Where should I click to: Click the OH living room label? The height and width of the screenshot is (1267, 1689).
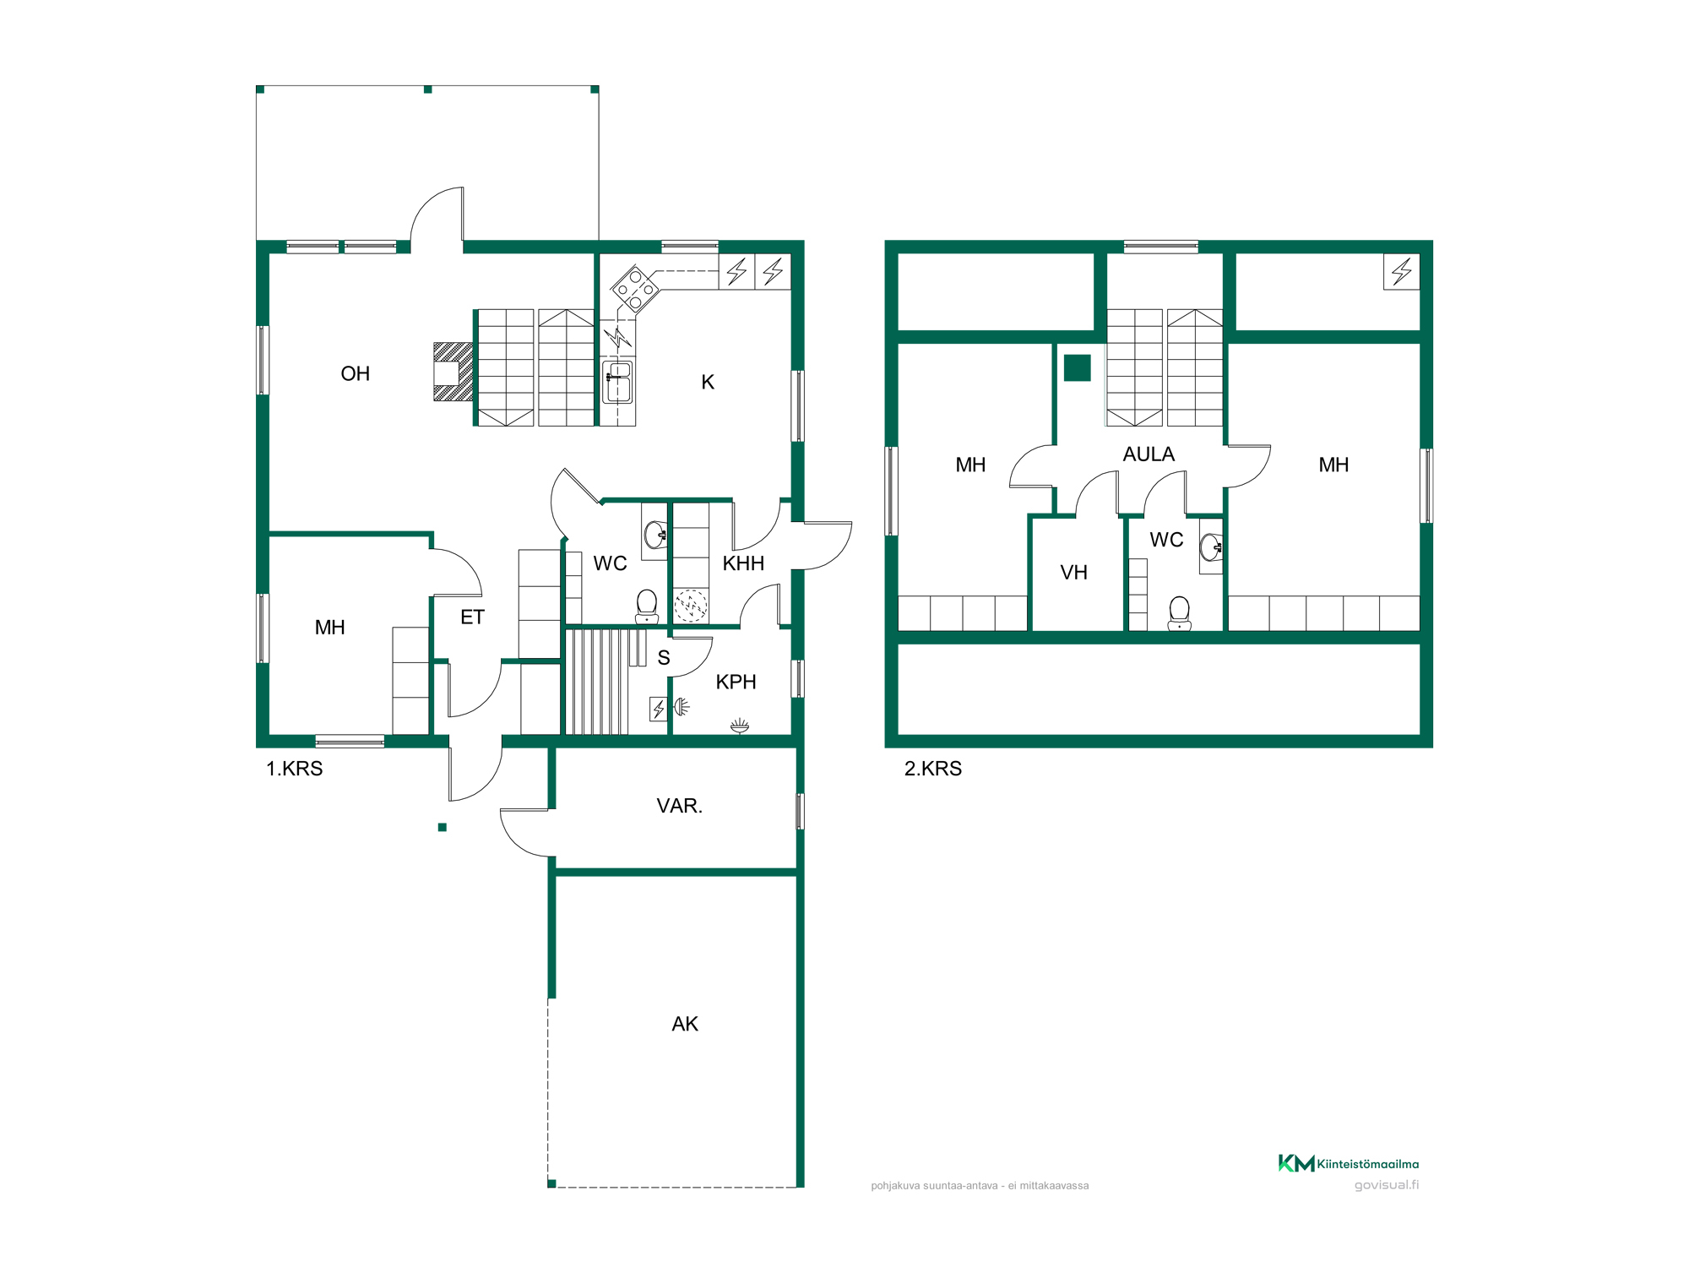(x=356, y=373)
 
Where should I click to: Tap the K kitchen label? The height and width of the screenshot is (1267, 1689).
(x=708, y=382)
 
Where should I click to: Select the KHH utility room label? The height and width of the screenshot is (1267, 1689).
(x=743, y=563)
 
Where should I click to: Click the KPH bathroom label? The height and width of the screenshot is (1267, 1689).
(x=736, y=682)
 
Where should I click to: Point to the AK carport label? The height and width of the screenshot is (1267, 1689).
(x=685, y=1024)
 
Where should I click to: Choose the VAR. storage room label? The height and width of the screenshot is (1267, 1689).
(x=680, y=806)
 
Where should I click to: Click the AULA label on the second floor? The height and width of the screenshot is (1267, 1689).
(x=1149, y=454)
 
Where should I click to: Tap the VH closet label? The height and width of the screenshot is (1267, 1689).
(x=1073, y=573)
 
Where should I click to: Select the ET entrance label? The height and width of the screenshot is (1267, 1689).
(x=472, y=617)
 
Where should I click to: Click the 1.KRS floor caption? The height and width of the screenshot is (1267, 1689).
(x=295, y=769)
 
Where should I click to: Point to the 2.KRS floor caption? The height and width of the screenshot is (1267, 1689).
(x=933, y=769)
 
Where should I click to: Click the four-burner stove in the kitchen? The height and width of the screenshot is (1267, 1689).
(x=635, y=290)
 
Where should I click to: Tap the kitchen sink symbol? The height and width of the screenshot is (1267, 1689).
(x=617, y=382)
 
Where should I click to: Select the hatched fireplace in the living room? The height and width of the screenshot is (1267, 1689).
(x=453, y=372)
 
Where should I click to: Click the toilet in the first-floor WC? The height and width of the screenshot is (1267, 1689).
(x=647, y=606)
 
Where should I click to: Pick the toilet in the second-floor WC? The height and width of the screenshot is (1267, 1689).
(x=1179, y=613)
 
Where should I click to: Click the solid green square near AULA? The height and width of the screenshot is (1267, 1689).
(x=1077, y=367)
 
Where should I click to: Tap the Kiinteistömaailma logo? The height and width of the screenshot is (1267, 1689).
(x=1348, y=1163)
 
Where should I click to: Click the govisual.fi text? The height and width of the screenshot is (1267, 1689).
(x=1387, y=1185)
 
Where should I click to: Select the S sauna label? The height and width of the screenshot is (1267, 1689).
(x=664, y=658)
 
